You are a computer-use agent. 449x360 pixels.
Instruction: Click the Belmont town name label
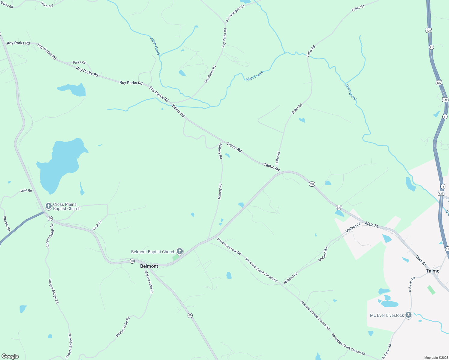pos(149,266)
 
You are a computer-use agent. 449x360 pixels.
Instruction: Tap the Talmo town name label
pos(432,271)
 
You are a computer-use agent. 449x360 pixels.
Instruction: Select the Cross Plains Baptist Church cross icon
pos(48,206)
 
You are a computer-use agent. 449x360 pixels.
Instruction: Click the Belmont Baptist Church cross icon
pos(179,251)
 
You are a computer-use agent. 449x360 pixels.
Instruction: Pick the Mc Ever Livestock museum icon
pos(408,315)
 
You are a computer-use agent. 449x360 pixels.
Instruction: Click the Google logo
pos(10,356)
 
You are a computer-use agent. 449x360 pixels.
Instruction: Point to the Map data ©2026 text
pos(435,358)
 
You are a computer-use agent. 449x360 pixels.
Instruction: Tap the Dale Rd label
pos(26,190)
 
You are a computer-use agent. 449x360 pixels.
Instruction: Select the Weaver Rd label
pos(7,223)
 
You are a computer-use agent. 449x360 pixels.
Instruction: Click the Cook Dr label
pos(97,226)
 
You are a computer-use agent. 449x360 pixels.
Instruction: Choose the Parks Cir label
pos(79,62)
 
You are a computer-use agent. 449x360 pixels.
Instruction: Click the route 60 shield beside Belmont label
pos(132,261)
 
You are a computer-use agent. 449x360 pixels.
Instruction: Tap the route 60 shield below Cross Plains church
pos(50,218)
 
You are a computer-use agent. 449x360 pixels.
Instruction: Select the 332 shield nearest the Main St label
pos(339,207)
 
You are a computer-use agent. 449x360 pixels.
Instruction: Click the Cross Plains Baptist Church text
pos(67,206)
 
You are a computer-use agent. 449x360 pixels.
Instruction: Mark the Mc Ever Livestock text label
pos(387,315)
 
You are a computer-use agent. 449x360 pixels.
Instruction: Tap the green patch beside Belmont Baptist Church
pos(176,258)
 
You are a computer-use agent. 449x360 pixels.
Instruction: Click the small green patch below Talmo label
pos(431,290)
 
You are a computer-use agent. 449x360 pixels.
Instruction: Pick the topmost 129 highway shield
pos(429,30)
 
